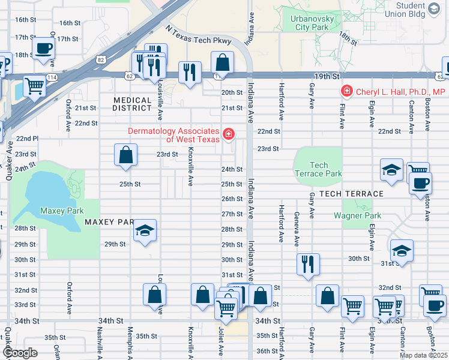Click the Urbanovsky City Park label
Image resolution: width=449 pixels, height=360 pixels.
coord(309,23)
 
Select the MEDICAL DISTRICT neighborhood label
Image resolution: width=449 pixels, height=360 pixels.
coord(132,104)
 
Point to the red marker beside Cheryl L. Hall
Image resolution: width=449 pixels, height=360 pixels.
coord(346,92)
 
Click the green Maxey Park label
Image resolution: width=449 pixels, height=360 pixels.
coord(61,211)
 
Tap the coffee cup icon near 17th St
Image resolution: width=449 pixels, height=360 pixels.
coord(44,49)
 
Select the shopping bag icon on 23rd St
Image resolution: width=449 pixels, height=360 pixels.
coord(126,155)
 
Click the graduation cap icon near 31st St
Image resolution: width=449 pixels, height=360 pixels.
coord(402,250)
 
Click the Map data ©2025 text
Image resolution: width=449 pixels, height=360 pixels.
coord(423,355)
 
